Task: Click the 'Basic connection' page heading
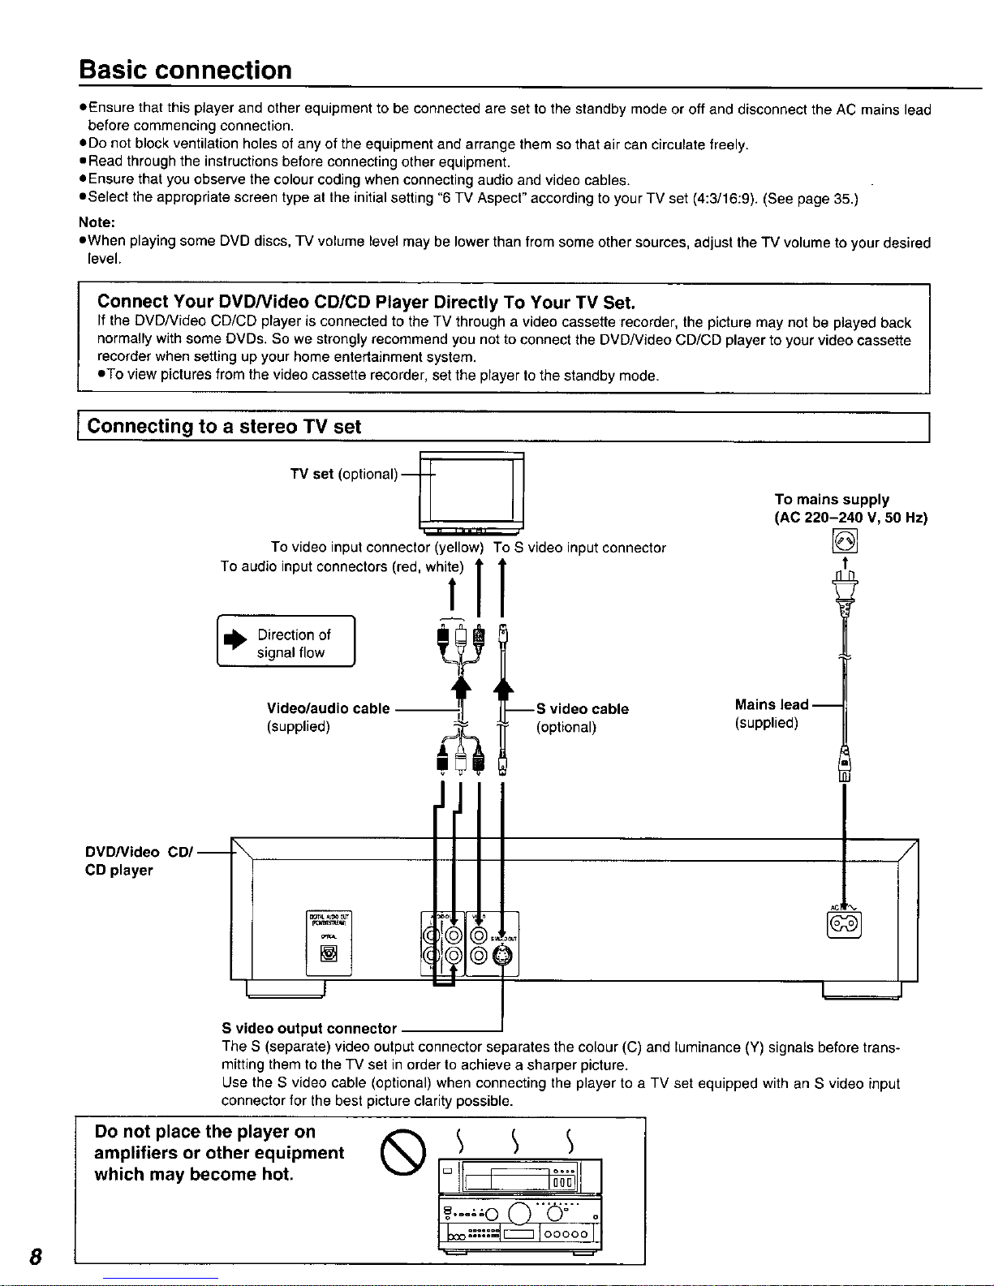pos(185,71)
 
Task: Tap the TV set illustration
pos(471,489)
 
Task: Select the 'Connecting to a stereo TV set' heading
pos(224,427)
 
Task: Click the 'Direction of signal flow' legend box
pos(286,643)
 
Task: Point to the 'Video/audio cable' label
pos(328,708)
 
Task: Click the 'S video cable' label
pos(582,709)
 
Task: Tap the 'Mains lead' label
pos(772,705)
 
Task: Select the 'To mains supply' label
pos(832,500)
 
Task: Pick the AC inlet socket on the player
pos(843,924)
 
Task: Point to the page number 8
pos(34,1257)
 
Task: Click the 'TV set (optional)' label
pos(344,474)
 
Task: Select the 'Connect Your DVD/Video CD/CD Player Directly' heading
pos(365,303)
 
